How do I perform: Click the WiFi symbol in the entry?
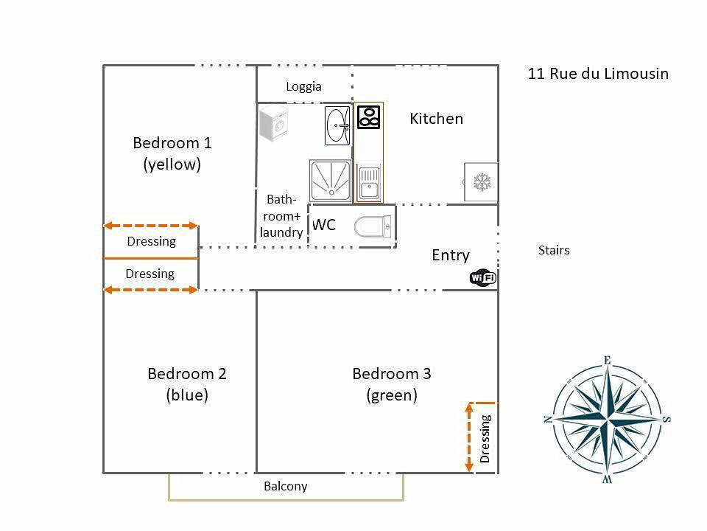point(483,277)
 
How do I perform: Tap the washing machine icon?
point(274,124)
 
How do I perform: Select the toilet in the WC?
point(373,226)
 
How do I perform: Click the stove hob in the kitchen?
point(369,117)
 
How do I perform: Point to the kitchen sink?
point(369,183)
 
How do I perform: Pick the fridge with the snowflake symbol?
point(481,182)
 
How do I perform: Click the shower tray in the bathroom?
point(331,181)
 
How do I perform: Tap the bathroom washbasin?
point(337,125)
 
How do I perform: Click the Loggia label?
point(304,86)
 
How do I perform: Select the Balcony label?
point(286,486)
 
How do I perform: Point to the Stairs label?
point(554,250)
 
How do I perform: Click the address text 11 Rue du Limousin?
point(598,74)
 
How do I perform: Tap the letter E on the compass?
point(608,361)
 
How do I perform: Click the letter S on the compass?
point(666,419)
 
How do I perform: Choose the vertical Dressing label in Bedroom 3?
point(485,438)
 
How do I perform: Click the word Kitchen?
point(437,119)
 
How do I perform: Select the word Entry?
point(451,256)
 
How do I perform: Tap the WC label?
point(324,225)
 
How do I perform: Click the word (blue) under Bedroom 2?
point(187,395)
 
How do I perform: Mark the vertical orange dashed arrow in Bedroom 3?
point(469,437)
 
